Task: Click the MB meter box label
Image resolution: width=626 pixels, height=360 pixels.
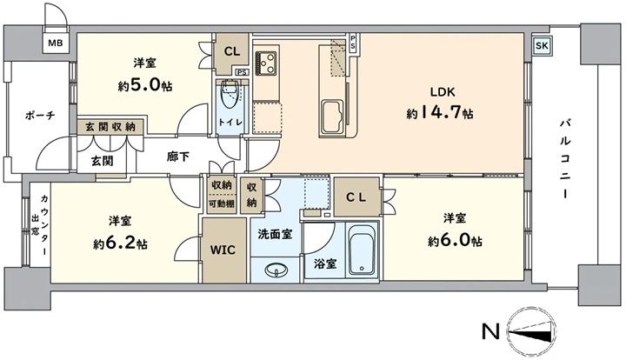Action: pos(56,43)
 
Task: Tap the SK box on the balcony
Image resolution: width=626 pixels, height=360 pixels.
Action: pos(542,45)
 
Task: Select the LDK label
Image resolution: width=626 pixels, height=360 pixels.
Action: pos(443,92)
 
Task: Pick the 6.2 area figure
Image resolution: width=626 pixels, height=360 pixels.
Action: pos(120,243)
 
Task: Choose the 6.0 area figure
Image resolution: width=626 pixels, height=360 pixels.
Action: pos(455,240)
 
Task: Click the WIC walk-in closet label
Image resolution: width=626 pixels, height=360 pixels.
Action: pos(223,250)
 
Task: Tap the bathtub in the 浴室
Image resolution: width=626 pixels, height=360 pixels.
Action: pos(363,250)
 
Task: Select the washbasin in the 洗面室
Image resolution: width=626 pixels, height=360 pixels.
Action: pos(276,270)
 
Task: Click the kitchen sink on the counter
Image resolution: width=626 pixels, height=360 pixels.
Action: pos(332,117)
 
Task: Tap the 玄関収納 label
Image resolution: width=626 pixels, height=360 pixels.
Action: pos(110,127)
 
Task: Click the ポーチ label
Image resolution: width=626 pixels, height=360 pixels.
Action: pos(40,116)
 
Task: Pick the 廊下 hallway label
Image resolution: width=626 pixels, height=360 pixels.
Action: pos(178,157)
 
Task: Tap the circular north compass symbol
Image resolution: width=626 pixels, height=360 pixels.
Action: pos(531,331)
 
